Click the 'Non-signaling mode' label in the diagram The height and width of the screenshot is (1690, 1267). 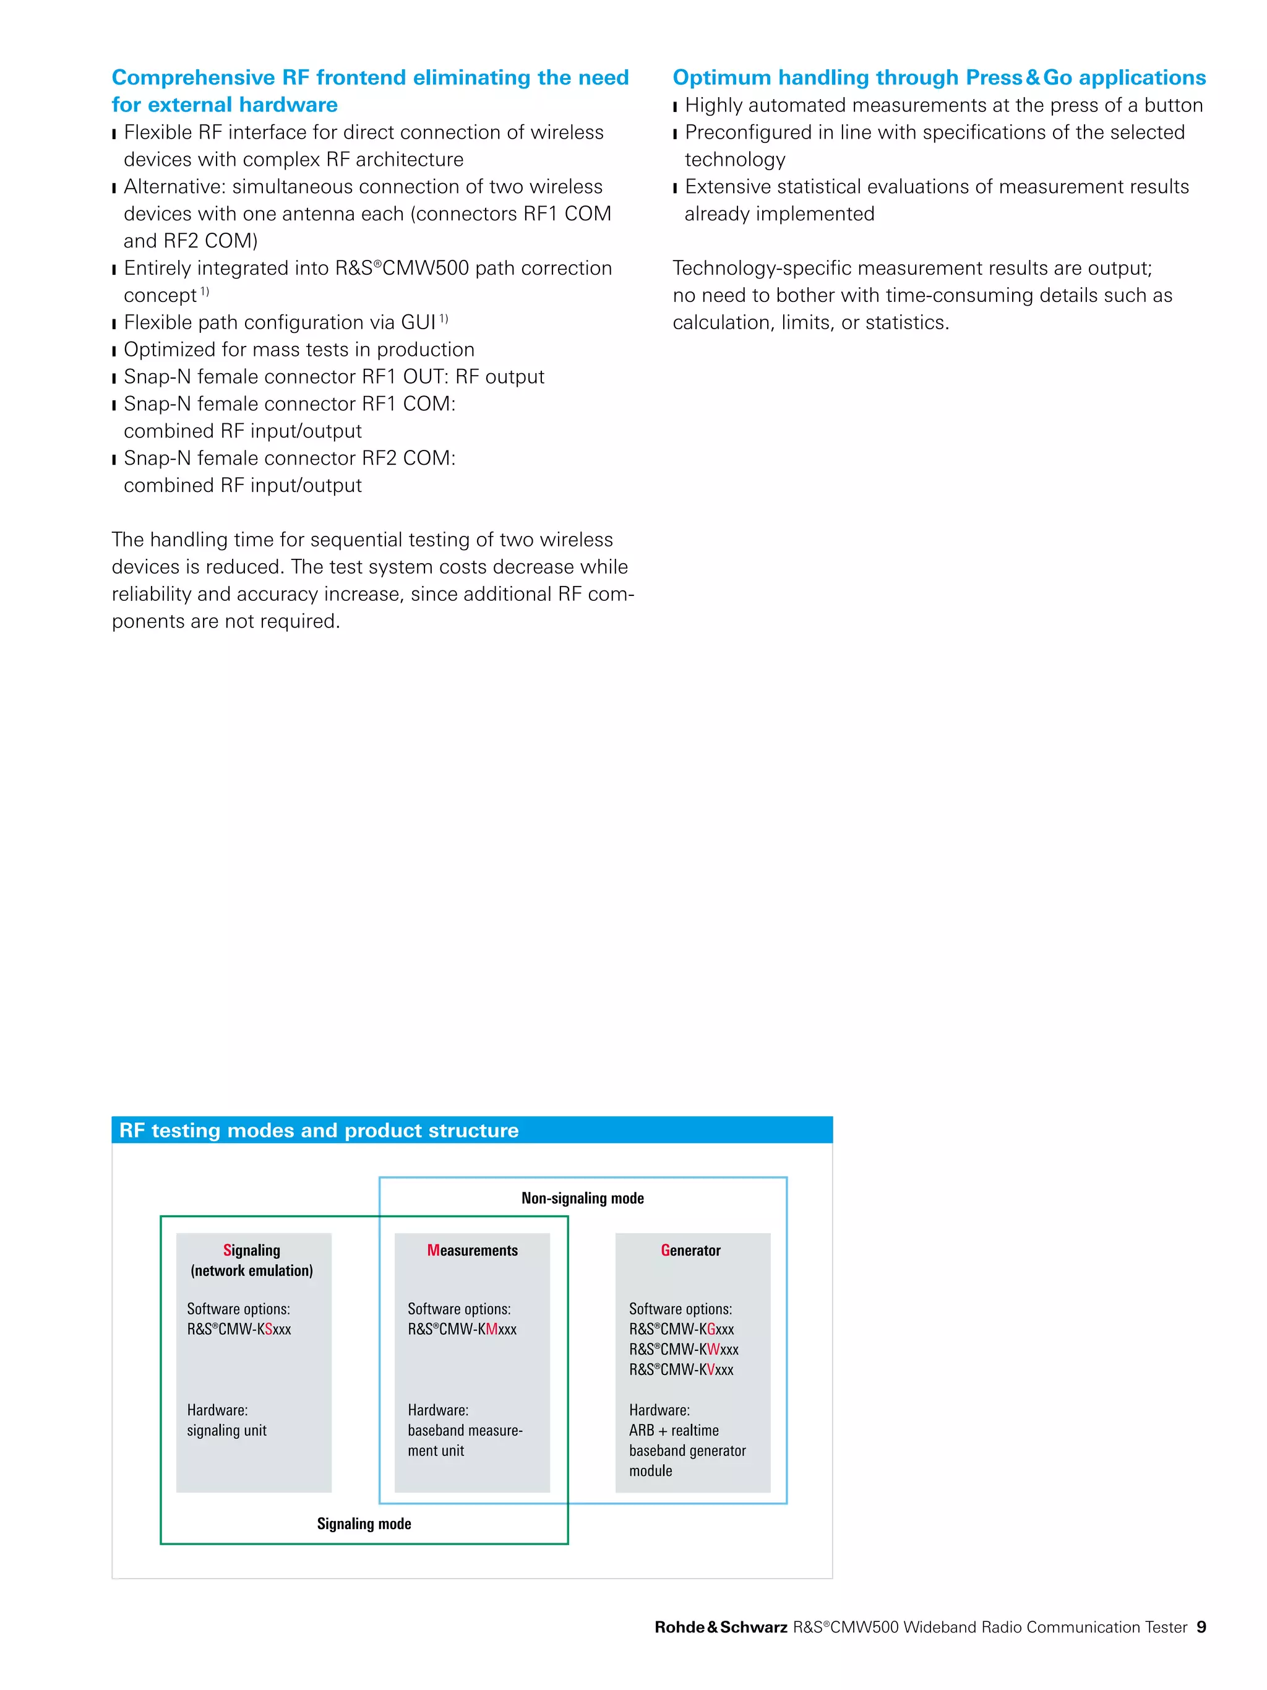[x=582, y=1198]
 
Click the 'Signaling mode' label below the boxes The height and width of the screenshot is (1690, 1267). [x=364, y=1524]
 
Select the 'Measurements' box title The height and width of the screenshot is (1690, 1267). [x=472, y=1250]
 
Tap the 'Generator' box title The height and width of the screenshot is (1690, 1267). [x=690, y=1250]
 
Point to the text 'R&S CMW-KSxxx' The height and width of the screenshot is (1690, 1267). [x=239, y=1329]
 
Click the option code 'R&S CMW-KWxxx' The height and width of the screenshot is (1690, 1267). [x=684, y=1349]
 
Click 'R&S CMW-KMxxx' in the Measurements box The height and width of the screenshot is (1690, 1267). [x=462, y=1329]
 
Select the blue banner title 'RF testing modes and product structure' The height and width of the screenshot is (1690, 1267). [x=319, y=1130]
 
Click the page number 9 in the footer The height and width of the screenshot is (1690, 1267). [x=1201, y=1627]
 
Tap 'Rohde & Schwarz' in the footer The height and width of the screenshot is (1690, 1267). [x=720, y=1627]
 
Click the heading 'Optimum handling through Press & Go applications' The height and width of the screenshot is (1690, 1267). [x=938, y=77]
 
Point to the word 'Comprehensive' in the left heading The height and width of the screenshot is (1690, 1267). [x=193, y=77]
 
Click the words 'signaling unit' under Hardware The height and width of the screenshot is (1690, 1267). [x=227, y=1430]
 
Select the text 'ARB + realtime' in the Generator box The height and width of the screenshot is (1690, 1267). [x=674, y=1430]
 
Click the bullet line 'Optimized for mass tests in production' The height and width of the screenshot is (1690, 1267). [x=299, y=349]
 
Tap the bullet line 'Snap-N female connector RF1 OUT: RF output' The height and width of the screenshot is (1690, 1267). [x=333, y=377]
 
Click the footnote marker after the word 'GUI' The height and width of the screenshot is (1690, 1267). [x=444, y=319]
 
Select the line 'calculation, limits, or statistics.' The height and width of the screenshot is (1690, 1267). [x=810, y=322]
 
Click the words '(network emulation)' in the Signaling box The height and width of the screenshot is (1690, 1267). [x=251, y=1270]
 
